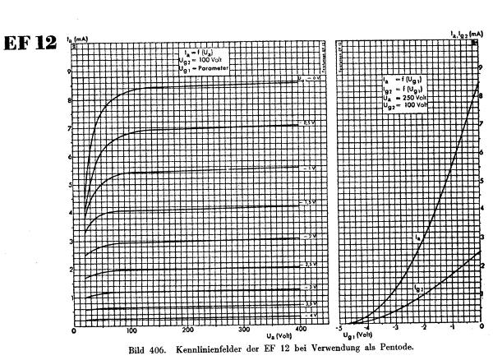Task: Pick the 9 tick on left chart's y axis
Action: click(69, 72)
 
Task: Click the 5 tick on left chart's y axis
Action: click(69, 185)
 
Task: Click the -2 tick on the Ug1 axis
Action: click(424, 329)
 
